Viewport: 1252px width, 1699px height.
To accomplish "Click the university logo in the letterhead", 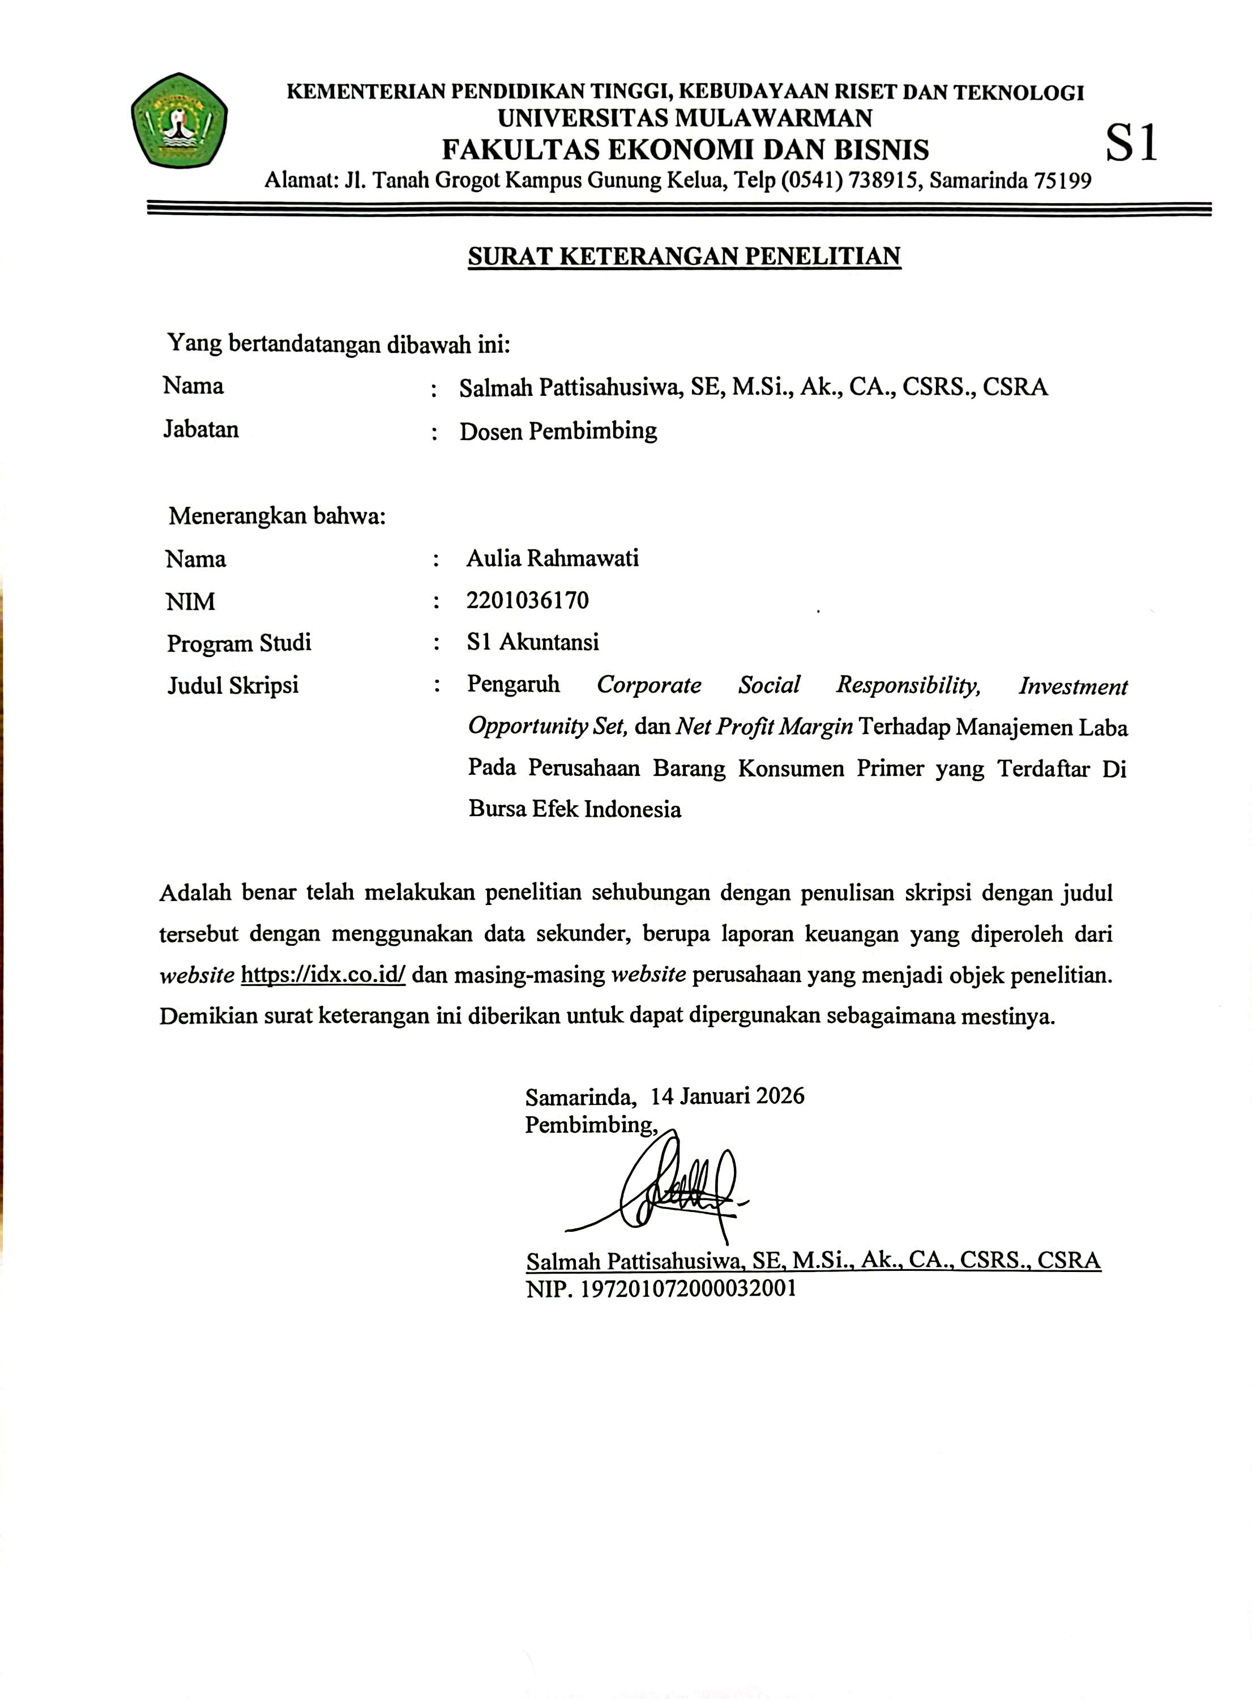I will point(179,121).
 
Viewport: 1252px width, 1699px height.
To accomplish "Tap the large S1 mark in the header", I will point(1131,143).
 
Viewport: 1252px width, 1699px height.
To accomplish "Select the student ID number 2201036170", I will point(528,601).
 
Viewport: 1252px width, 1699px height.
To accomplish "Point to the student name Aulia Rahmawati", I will point(553,558).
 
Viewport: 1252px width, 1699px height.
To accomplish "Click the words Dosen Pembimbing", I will point(558,431).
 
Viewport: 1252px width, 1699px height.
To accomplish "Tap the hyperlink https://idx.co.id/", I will point(323,975).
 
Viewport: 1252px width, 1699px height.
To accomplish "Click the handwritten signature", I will point(667,1184).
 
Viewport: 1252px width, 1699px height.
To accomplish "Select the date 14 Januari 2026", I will point(728,1096).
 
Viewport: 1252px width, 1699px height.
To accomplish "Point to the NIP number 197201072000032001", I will point(687,1288).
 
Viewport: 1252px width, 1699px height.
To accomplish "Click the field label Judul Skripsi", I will point(233,686).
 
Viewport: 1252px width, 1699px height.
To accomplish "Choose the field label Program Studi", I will point(239,643).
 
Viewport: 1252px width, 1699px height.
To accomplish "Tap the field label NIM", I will point(190,601).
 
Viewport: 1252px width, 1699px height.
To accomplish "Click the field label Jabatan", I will point(201,430).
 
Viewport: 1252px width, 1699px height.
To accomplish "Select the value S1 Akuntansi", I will point(533,643).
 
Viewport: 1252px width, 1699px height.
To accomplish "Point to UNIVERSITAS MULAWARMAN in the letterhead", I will point(685,118).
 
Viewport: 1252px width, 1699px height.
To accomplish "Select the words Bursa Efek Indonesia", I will point(574,809).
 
